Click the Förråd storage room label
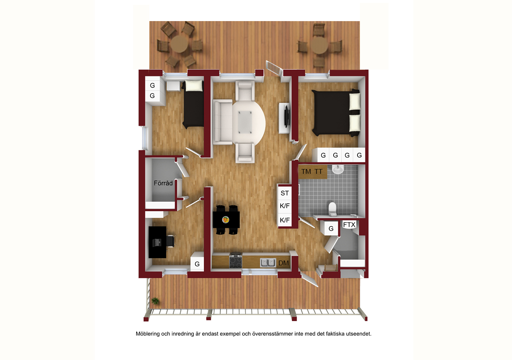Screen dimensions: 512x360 pos(163,183)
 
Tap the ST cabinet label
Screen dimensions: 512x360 pos(285,193)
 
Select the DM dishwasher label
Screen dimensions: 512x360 pos(283,263)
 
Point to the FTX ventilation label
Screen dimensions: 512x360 pos(349,225)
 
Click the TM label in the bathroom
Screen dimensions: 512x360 pos(306,171)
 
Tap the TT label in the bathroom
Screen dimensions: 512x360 pos(319,171)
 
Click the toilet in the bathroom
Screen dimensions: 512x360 pos(332,209)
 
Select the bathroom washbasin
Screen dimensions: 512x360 pos(338,169)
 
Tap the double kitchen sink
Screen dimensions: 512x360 pos(268,263)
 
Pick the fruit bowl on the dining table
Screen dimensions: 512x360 pos(226,220)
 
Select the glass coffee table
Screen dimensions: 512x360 pos(245,122)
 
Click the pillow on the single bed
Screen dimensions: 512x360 pos(194,86)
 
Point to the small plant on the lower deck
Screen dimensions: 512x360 pos(155,301)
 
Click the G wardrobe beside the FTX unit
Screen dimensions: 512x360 pos(331,228)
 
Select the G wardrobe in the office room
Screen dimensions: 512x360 pos(197,262)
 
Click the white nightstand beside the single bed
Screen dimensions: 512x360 pos(173,86)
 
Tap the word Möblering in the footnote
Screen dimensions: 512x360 pos(148,334)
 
